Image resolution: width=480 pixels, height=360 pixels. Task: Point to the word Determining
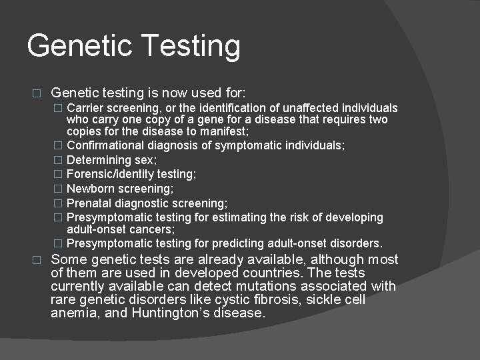point(99,160)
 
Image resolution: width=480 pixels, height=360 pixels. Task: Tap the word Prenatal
point(89,203)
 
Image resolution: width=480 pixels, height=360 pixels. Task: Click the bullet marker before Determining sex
point(59,160)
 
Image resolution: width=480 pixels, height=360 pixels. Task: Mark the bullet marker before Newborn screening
point(59,189)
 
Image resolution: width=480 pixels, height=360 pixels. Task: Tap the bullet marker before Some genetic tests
point(37,260)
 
